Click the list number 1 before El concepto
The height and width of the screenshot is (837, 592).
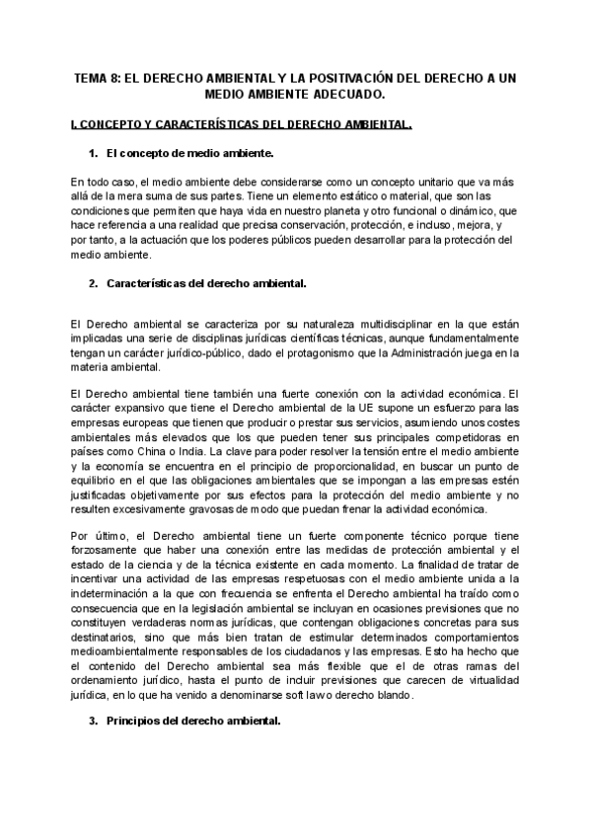pos(93,155)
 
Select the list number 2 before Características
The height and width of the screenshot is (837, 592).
pos(93,284)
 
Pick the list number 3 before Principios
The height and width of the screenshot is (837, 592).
pos(93,722)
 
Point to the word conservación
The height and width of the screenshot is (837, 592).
pos(293,225)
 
